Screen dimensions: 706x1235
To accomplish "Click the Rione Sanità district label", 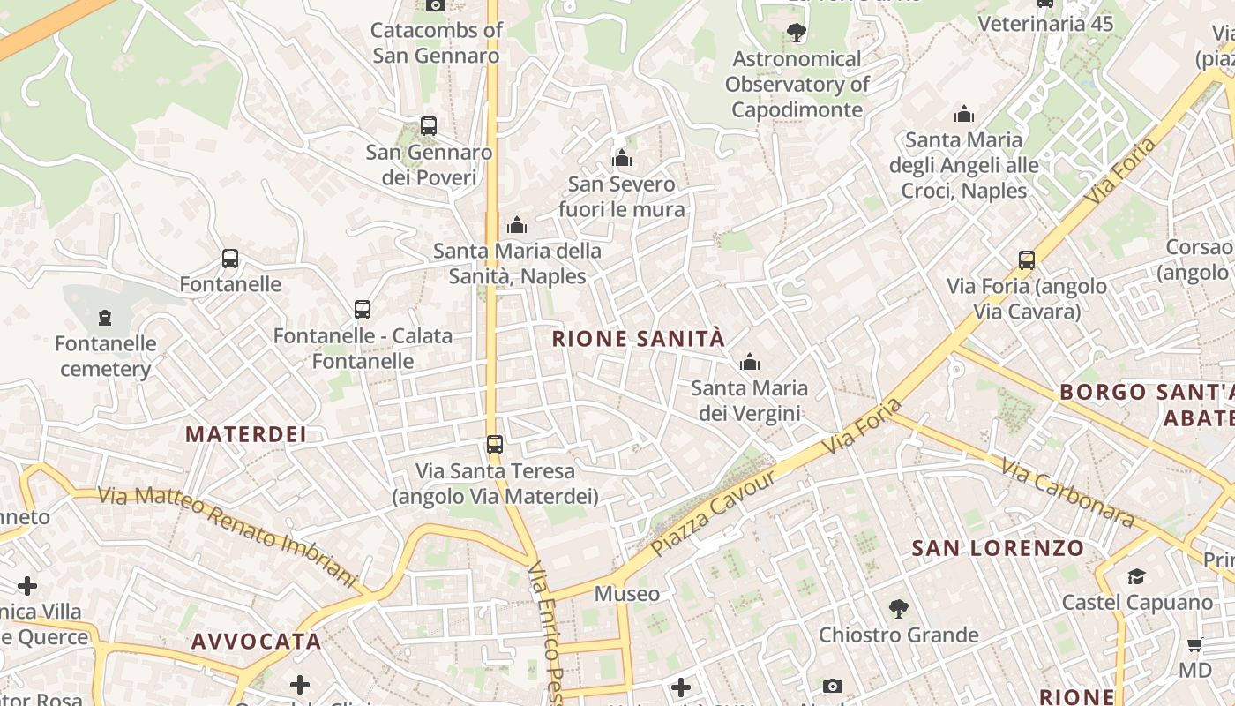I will [x=638, y=339].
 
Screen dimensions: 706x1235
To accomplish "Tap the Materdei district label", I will [x=246, y=434].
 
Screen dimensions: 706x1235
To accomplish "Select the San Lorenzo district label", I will [x=998, y=548].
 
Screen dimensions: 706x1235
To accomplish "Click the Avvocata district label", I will [x=257, y=642].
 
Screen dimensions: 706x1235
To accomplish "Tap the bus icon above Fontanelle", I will [x=230, y=259].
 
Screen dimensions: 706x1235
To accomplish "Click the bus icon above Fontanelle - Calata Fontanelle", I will [x=363, y=310].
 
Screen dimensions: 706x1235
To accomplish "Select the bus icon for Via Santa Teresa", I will [x=495, y=444].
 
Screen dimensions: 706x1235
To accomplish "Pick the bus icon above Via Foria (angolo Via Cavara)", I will [x=1027, y=260].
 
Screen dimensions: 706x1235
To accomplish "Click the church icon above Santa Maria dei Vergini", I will [x=750, y=362].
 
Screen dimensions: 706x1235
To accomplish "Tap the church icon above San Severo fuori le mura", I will [x=622, y=159].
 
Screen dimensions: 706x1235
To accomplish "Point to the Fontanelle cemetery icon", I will [x=105, y=317].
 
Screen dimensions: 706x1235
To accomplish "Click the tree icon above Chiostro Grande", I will [x=898, y=608].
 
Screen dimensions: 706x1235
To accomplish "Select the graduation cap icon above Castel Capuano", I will [x=1136, y=576].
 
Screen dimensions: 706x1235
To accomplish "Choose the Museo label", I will [x=626, y=594].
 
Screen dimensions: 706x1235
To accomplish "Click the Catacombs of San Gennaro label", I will [x=437, y=42].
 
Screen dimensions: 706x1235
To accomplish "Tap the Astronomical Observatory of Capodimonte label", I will [x=797, y=85].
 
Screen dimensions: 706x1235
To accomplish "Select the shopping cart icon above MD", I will [x=1194, y=644].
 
